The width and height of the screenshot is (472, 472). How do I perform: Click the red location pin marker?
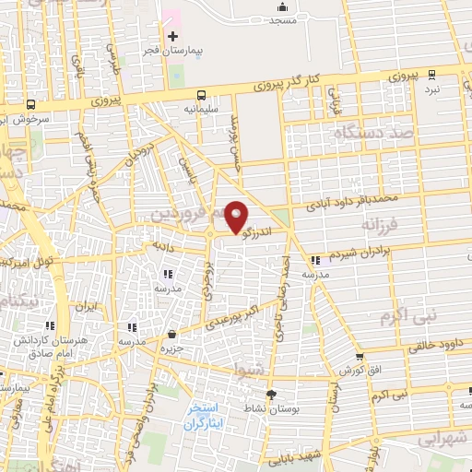[236, 217]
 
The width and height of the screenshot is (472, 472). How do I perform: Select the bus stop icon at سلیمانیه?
[201, 94]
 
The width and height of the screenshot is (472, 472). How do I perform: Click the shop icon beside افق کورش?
[359, 357]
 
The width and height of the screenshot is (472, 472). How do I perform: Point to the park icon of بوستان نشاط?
[270, 407]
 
